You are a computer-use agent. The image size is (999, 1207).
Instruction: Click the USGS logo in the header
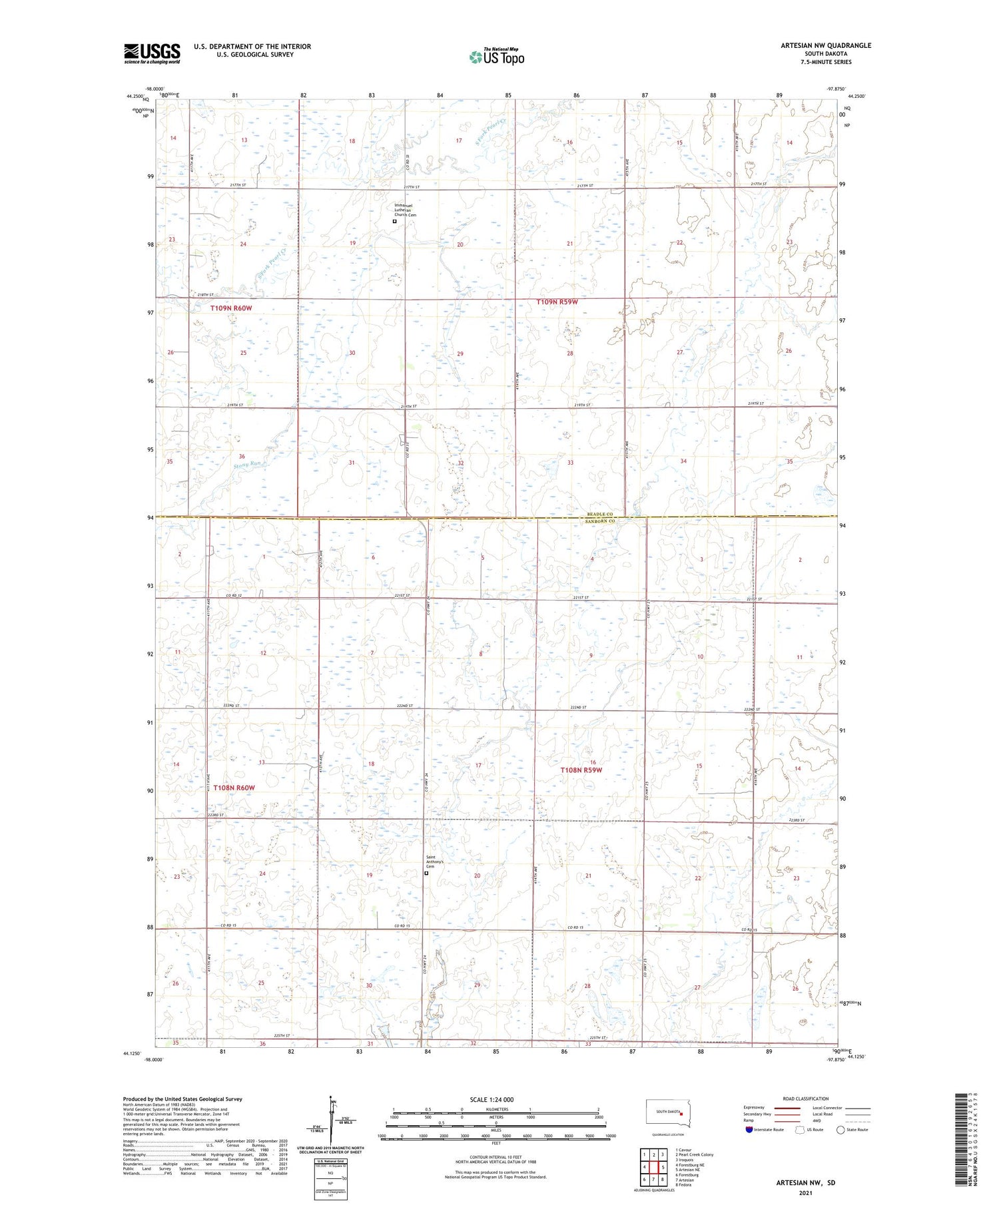(152, 53)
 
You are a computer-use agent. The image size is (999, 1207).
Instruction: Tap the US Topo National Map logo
(496, 57)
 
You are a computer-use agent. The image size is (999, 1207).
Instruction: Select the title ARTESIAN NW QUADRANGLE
(826, 45)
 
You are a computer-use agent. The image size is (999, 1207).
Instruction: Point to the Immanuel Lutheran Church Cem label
(405, 210)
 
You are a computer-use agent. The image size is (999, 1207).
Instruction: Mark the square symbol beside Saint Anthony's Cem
(426, 873)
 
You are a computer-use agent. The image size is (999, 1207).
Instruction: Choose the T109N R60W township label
(231, 308)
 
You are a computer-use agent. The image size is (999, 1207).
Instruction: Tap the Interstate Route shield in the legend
(749, 1129)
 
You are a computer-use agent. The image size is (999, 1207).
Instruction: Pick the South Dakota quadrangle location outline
(669, 1112)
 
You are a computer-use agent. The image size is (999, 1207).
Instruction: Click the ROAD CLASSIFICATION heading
(806, 1098)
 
